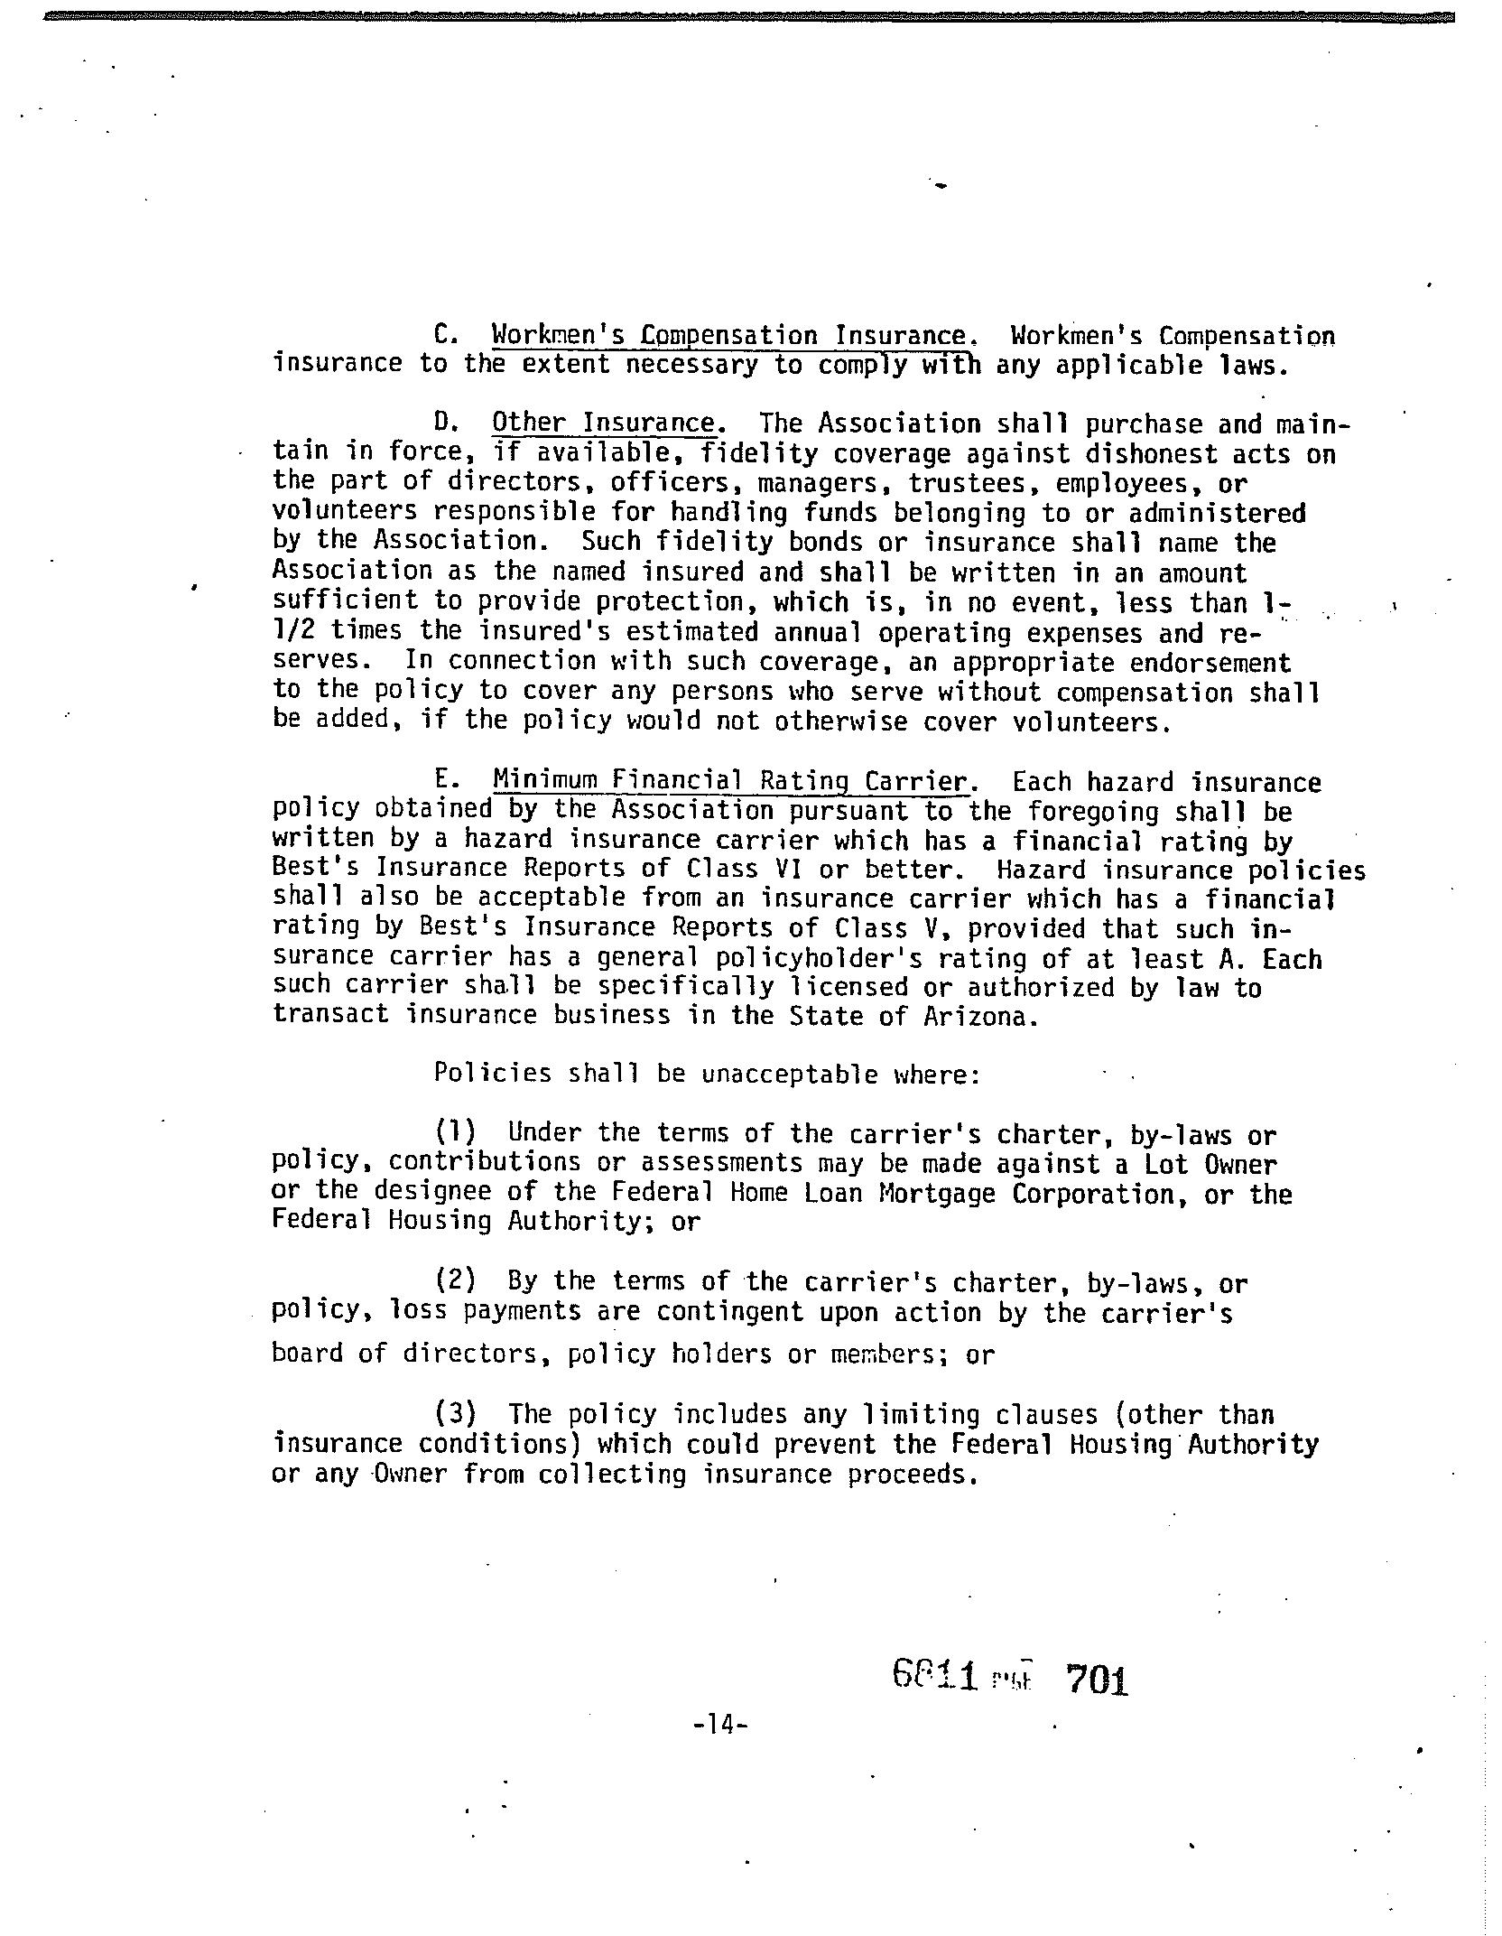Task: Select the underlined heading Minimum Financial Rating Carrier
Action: (730, 781)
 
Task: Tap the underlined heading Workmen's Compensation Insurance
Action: (729, 337)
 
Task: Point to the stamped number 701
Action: (1097, 1680)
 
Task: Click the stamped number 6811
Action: (935, 1678)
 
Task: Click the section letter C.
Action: (448, 337)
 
